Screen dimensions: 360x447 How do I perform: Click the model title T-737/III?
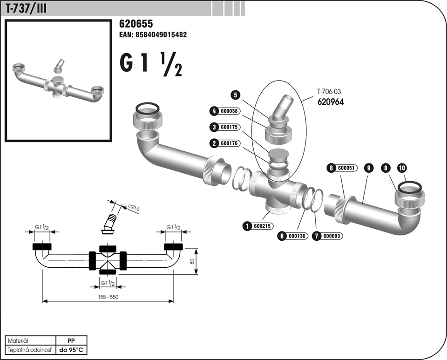click(x=26, y=8)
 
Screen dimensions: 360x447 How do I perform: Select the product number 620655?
click(x=136, y=24)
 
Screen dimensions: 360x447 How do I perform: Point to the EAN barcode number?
click(x=153, y=35)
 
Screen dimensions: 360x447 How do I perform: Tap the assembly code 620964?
click(x=330, y=102)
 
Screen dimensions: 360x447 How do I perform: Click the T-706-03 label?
click(x=330, y=92)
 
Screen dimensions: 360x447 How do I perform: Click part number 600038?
click(x=230, y=111)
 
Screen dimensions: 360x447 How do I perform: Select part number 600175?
click(x=230, y=127)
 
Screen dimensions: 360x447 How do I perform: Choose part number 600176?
click(x=230, y=143)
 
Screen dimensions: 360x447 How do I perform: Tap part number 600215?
click(x=262, y=226)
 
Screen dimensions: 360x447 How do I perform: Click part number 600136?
click(x=297, y=236)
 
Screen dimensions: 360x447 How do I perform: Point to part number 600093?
click(x=332, y=236)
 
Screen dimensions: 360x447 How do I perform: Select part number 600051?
click(x=346, y=169)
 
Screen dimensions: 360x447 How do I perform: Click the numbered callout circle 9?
click(x=368, y=169)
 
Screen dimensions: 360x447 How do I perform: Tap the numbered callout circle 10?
click(x=401, y=168)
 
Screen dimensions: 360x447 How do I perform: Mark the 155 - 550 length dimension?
click(x=108, y=297)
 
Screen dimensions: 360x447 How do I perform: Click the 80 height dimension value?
click(x=191, y=261)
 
